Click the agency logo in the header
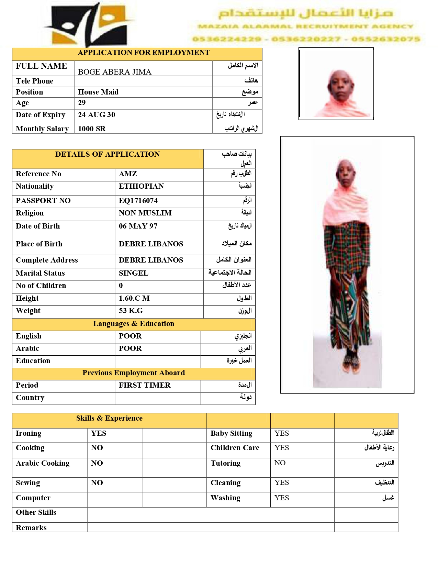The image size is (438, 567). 90,25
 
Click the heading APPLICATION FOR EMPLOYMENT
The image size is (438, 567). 144,53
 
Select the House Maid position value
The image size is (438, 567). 98,92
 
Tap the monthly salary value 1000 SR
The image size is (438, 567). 92,129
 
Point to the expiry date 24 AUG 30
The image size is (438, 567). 97,115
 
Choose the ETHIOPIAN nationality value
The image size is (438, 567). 141,186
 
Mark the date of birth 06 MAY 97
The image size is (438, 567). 138,226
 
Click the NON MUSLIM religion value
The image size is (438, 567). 145,213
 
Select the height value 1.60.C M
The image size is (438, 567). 134,298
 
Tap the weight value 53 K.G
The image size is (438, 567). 131,311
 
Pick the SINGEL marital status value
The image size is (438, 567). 133,273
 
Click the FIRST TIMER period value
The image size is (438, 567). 145,385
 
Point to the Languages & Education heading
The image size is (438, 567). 134,324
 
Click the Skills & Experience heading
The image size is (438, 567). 109,418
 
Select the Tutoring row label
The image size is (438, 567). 225,463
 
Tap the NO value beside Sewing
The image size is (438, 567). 97,483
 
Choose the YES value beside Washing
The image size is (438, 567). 282,498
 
